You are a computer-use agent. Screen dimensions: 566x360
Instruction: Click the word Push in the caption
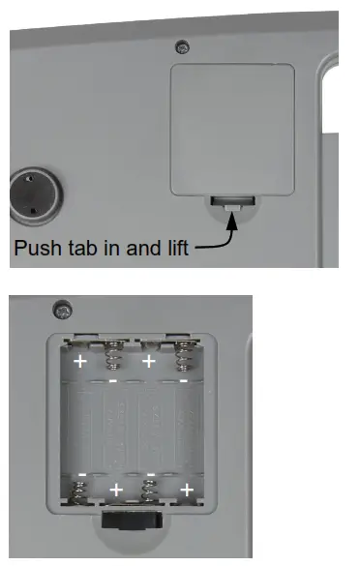36,248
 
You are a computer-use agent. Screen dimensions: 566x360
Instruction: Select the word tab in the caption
83,248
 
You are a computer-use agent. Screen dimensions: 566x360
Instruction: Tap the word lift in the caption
176,248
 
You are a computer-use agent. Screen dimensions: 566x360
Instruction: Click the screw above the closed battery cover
180,46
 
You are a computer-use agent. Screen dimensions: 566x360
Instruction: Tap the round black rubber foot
33,192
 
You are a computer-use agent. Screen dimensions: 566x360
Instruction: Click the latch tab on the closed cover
233,202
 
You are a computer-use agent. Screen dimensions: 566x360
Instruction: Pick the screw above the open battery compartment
63,310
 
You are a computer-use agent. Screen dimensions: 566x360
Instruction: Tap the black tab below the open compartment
130,521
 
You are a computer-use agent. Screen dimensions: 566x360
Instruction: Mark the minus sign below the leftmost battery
81,475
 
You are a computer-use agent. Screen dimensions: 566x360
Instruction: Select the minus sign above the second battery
114,381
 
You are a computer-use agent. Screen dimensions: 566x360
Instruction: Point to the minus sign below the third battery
150,475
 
